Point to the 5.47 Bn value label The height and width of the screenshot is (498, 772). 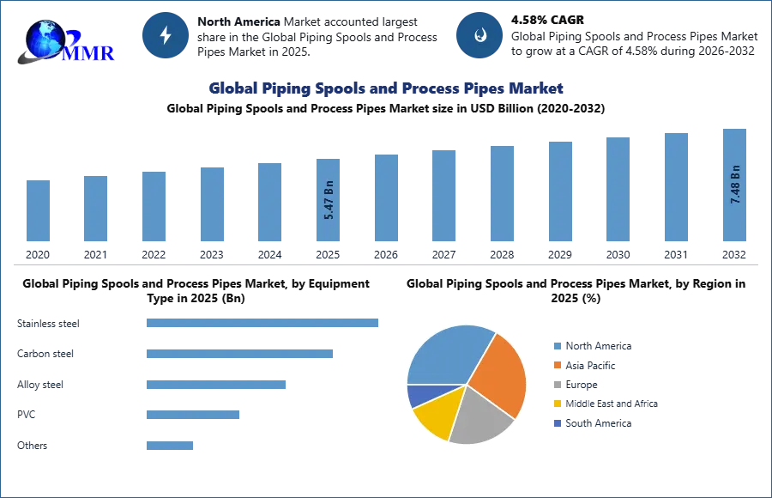pyautogui.click(x=329, y=200)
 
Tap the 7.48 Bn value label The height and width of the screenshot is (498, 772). pyautogui.click(x=735, y=184)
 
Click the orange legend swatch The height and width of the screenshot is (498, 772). pyautogui.click(x=557, y=365)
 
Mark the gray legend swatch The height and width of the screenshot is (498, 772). pyautogui.click(x=557, y=385)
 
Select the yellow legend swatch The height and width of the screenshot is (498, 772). pyautogui.click(x=557, y=404)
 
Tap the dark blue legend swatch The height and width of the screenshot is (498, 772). pyautogui.click(x=557, y=425)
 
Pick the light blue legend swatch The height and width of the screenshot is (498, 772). pyautogui.click(x=557, y=344)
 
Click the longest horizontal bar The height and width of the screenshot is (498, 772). pyautogui.click(x=263, y=323)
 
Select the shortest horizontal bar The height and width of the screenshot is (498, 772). pyautogui.click(x=171, y=446)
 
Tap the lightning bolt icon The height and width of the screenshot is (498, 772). pyautogui.click(x=166, y=35)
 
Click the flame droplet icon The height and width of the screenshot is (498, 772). pyautogui.click(x=479, y=35)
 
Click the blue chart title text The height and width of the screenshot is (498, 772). pyautogui.click(x=386, y=88)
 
